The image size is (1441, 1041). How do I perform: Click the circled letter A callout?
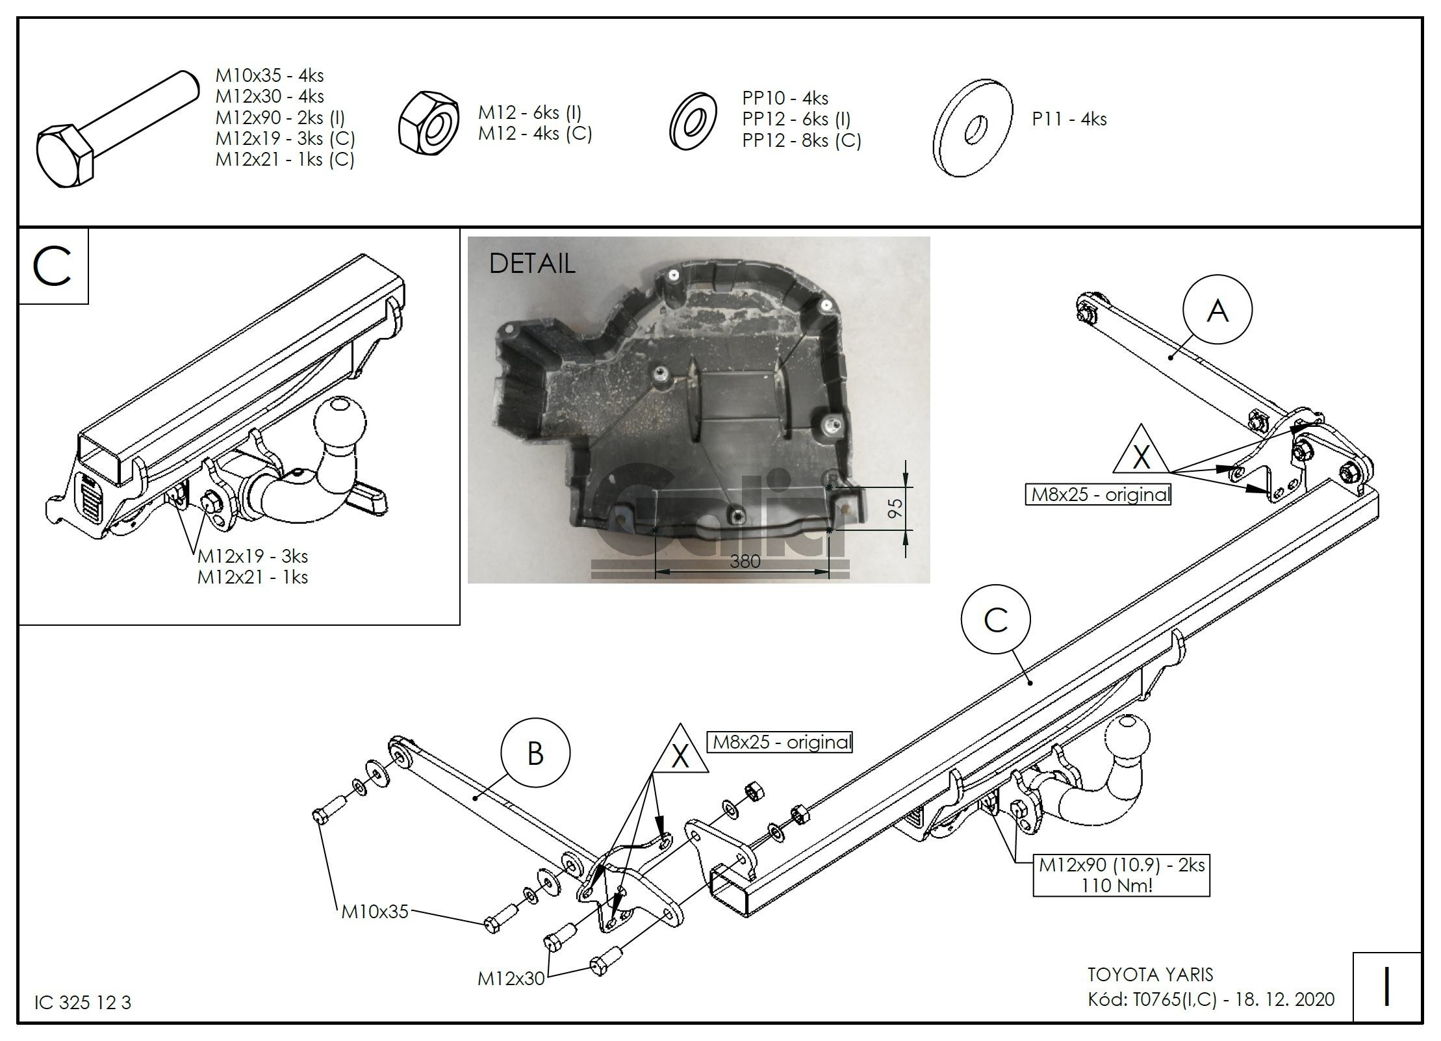click(1217, 311)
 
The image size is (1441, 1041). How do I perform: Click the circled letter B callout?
click(535, 754)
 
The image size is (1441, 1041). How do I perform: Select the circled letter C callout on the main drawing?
click(995, 620)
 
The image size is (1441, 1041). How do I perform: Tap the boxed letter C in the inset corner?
click(53, 266)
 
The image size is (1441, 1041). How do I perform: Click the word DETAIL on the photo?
click(531, 263)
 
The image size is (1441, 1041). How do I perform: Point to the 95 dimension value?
click(895, 508)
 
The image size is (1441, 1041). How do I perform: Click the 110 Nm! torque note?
click(1117, 885)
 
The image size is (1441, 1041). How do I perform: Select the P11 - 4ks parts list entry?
click(1069, 119)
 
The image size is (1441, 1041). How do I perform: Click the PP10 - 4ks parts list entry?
click(785, 98)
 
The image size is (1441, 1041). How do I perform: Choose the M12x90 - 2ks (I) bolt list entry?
click(280, 118)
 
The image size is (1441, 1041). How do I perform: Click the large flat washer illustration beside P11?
click(973, 129)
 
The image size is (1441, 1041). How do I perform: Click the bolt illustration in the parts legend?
click(117, 129)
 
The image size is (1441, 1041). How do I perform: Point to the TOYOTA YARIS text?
click(1150, 975)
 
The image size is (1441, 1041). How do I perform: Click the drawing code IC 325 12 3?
click(83, 1003)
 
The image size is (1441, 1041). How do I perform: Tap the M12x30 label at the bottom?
click(511, 979)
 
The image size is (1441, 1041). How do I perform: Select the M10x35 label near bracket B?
click(375, 912)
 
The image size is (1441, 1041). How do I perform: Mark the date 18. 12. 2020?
click(1284, 999)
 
